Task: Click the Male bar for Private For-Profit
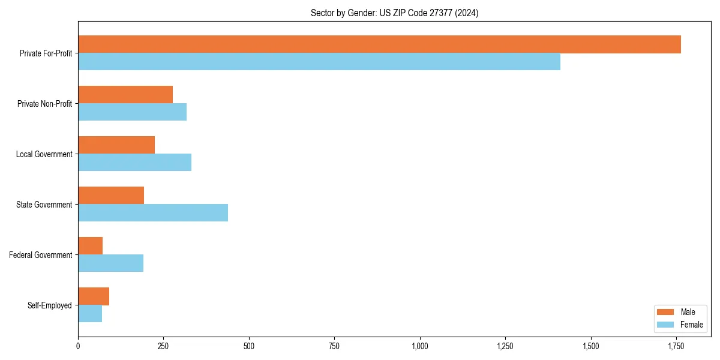[379, 44]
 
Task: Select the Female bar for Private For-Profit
[319, 62]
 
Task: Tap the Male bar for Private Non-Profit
[125, 95]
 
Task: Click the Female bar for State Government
[153, 213]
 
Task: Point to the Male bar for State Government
[111, 196]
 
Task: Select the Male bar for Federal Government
[91, 246]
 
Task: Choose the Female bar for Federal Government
[111, 263]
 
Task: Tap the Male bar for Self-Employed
[94, 296]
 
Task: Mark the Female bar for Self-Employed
[90, 314]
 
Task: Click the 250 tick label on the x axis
[163, 346]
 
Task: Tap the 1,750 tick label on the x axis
[676, 346]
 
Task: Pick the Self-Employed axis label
[50, 305]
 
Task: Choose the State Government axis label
[44, 205]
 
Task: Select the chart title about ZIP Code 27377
[394, 13]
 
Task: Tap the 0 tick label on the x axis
[78, 346]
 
